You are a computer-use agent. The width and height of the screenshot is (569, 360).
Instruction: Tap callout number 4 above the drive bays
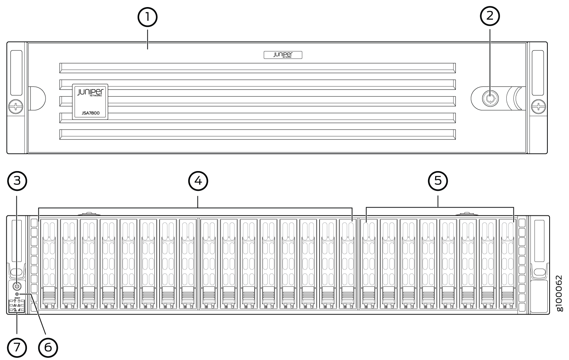(198, 181)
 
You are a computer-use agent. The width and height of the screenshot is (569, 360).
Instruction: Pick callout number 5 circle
(438, 181)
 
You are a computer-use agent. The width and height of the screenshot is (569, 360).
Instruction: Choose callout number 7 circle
(17, 346)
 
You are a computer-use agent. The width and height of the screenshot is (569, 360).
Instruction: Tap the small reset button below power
(17, 295)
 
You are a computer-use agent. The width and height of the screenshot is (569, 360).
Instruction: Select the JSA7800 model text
(90, 113)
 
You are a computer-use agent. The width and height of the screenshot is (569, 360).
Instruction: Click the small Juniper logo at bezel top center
(283, 55)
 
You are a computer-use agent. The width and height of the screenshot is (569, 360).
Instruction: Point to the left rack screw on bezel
(16, 107)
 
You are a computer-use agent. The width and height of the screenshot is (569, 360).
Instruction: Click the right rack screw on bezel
(538, 107)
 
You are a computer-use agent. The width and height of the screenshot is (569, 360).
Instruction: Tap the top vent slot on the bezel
(257, 67)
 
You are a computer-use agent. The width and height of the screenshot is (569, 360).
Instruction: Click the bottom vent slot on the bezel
(257, 135)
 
